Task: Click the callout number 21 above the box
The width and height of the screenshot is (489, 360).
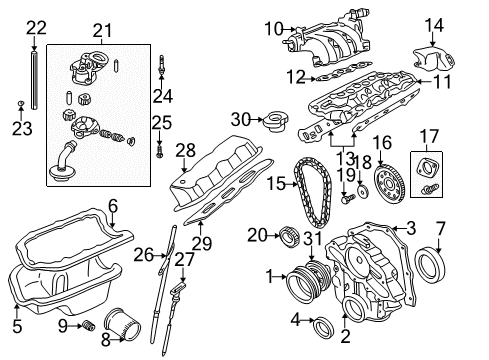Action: coord(102,31)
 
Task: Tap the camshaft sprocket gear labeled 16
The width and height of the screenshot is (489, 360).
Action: coord(389,183)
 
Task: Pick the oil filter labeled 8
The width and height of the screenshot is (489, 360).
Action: coord(122,326)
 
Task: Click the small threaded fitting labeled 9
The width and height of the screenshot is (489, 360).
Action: coord(88,325)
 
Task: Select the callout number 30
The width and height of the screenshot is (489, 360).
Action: coord(240,119)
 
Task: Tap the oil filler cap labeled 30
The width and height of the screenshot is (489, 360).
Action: coord(275,121)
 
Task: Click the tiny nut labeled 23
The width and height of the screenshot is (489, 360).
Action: coord(21,103)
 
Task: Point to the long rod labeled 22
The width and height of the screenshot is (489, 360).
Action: coord(34,80)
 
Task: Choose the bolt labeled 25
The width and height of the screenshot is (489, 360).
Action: coord(160,151)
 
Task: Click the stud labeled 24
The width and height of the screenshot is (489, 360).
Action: coord(162,65)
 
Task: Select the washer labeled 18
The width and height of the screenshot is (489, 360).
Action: coord(363,192)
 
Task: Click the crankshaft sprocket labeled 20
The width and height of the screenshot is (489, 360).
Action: coord(290,236)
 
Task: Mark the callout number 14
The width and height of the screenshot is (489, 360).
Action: coord(434,25)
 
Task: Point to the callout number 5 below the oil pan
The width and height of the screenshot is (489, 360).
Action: coord(17,326)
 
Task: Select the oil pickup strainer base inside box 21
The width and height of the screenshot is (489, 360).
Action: coord(62,173)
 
